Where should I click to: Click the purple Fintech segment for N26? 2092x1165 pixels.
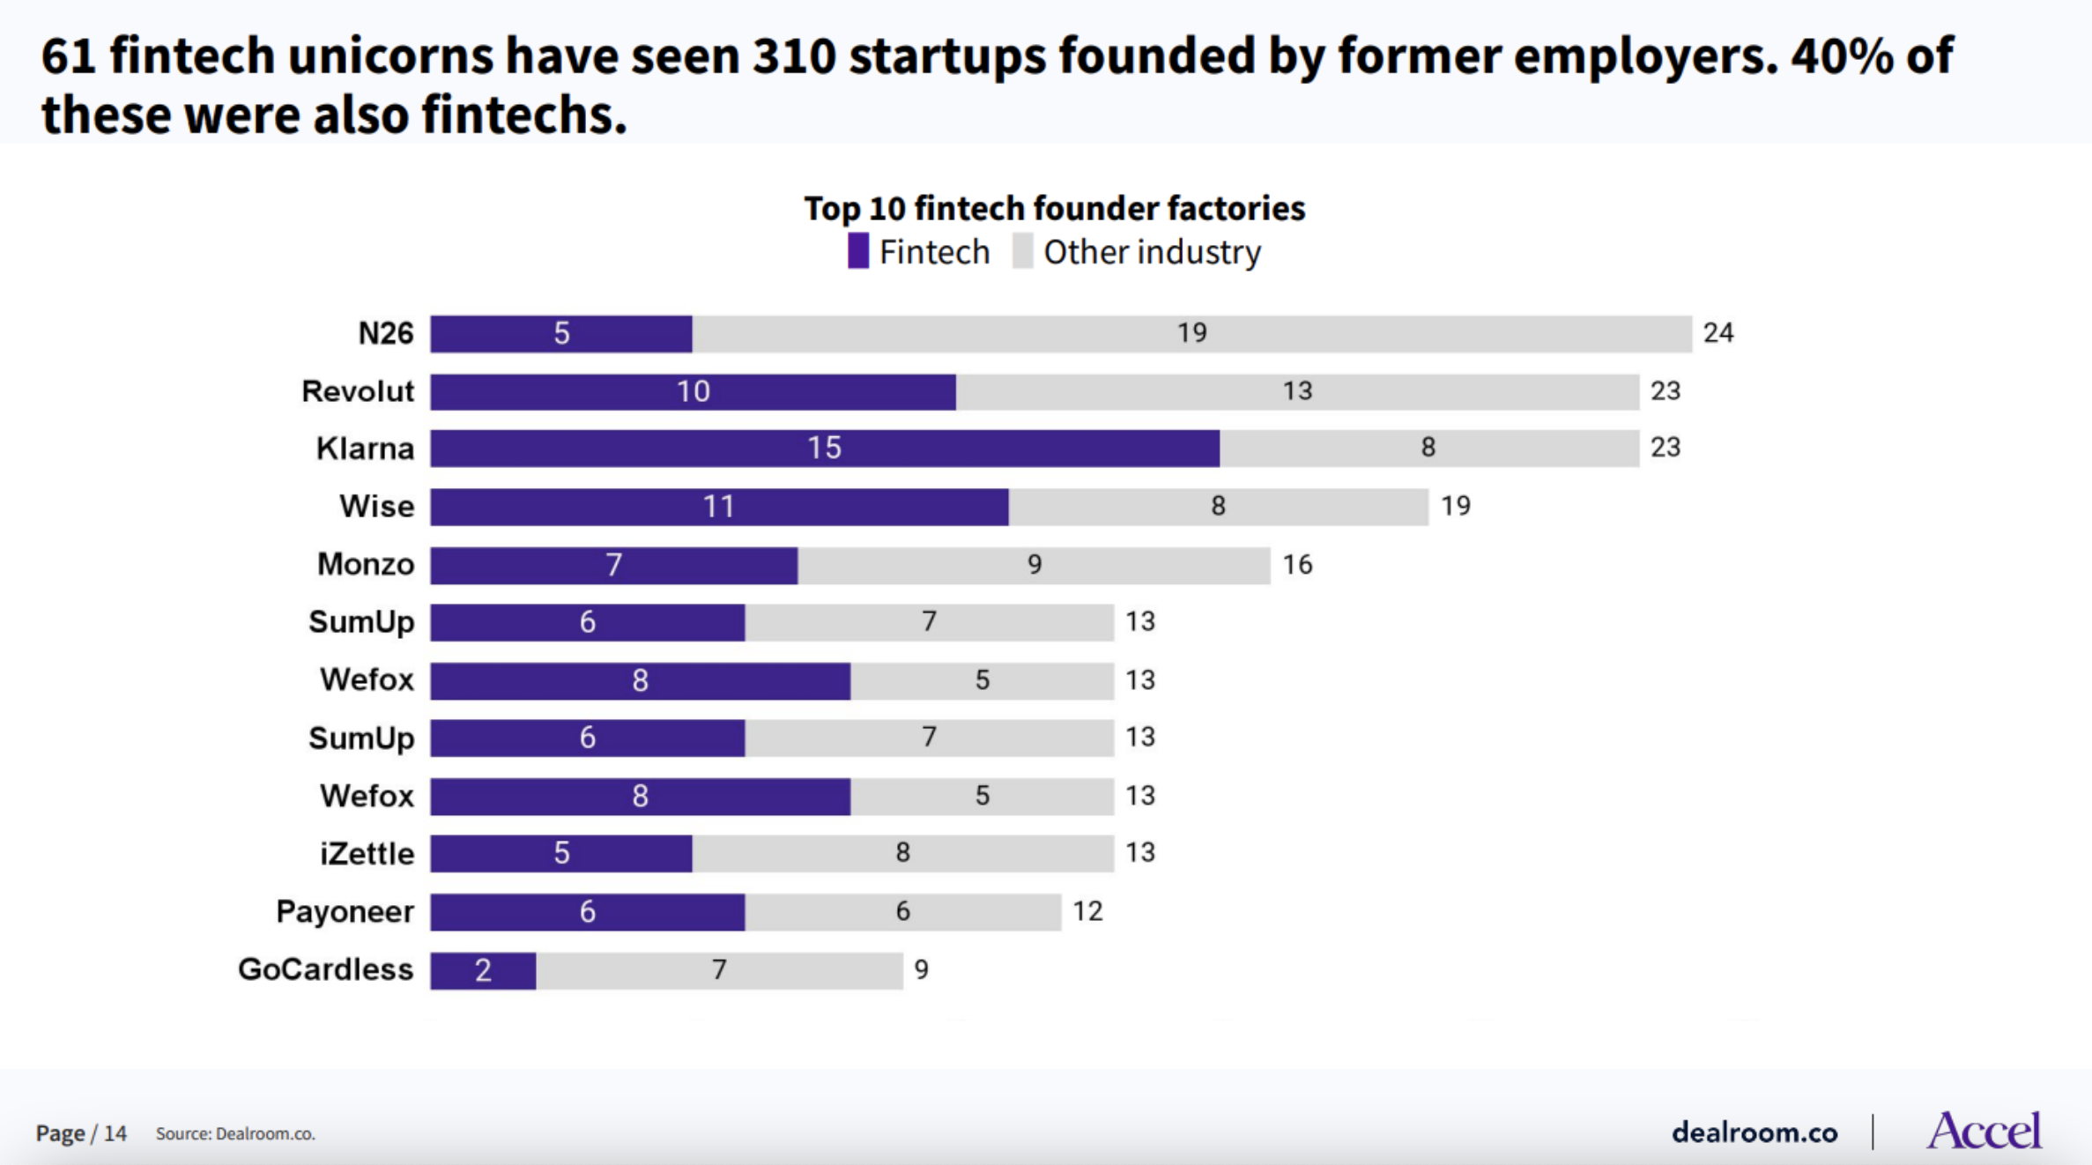pos(561,334)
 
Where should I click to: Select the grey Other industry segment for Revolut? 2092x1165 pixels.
pos(1297,391)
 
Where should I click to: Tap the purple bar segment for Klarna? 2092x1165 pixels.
pos(825,449)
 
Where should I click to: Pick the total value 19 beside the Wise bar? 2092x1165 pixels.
pos(1455,506)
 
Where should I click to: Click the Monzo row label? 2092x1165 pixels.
pos(366,564)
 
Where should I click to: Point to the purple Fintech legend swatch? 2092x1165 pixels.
pos(857,252)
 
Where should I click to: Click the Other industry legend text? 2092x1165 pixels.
pos(1152,252)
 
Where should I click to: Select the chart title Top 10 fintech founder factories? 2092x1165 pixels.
pos(1054,209)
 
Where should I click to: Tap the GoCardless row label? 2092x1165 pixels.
pos(325,969)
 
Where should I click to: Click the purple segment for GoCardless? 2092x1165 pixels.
pos(483,970)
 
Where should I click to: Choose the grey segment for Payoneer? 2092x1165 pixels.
pos(902,912)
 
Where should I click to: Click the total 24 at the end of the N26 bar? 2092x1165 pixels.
pos(1717,333)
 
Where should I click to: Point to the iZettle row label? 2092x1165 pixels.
pos(367,853)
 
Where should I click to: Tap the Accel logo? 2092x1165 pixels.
pos(1983,1131)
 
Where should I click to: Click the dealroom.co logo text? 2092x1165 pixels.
pos(1754,1132)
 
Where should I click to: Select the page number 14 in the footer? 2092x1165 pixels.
pos(115,1133)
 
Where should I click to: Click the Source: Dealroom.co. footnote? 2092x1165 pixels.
pos(235,1134)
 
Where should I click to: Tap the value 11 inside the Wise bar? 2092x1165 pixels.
pos(718,507)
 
